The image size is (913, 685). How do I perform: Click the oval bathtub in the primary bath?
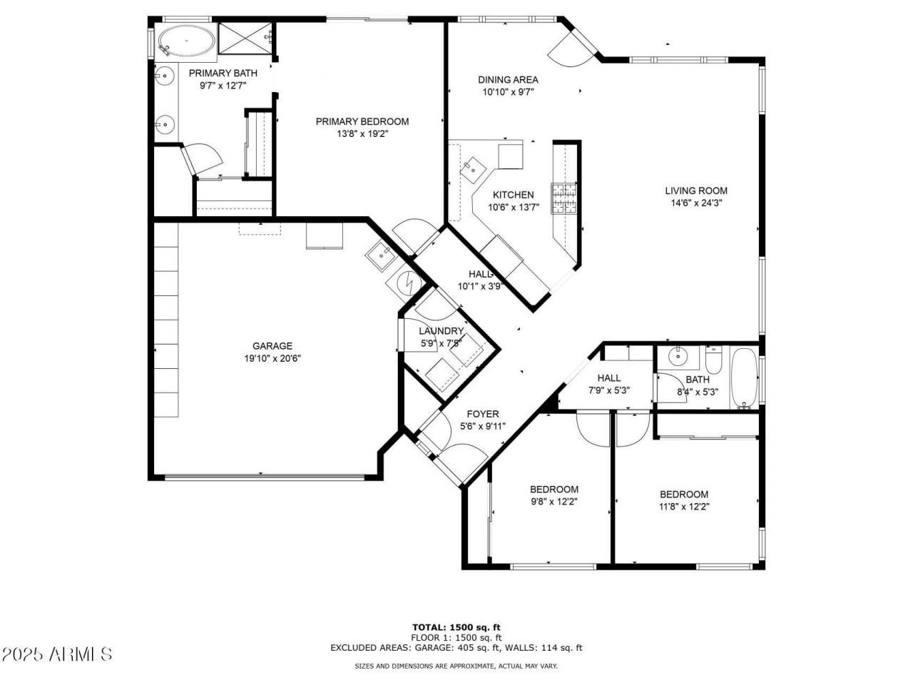185,41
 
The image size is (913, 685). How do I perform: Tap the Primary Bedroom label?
362,121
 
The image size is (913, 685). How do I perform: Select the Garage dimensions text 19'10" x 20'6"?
272,359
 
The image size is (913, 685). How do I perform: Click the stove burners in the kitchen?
563,198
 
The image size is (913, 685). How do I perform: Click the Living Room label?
696,191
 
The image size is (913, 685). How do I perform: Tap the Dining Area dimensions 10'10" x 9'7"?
508,92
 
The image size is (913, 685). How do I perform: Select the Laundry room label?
441,331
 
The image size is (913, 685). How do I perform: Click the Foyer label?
483,414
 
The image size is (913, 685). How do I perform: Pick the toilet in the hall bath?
714,357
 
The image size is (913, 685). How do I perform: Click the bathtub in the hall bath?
745,378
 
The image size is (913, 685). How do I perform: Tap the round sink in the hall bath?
676,356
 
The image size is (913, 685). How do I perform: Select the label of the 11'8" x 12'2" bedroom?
683,494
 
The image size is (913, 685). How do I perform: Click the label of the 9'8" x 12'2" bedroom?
554,489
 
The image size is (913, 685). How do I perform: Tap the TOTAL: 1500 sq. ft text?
456,627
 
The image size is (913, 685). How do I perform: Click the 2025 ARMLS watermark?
57,654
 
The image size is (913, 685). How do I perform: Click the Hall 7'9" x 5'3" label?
608,378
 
